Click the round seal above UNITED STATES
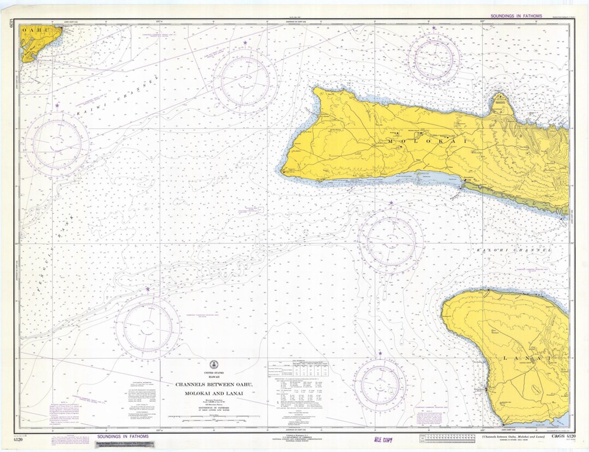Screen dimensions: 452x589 coord(213,365)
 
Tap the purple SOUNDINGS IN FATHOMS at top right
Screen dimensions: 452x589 coord(516,16)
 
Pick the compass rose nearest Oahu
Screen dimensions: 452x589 coord(56,143)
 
